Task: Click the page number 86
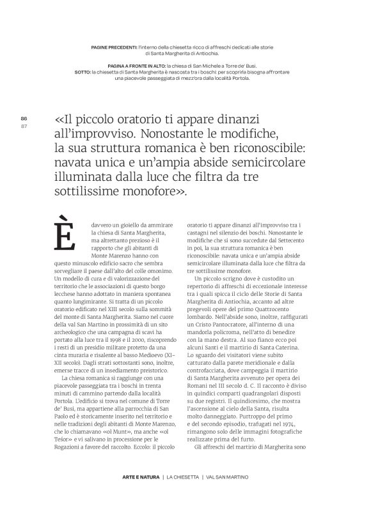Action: point(24,119)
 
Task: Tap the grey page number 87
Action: point(24,125)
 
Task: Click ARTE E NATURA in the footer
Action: point(141,477)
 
